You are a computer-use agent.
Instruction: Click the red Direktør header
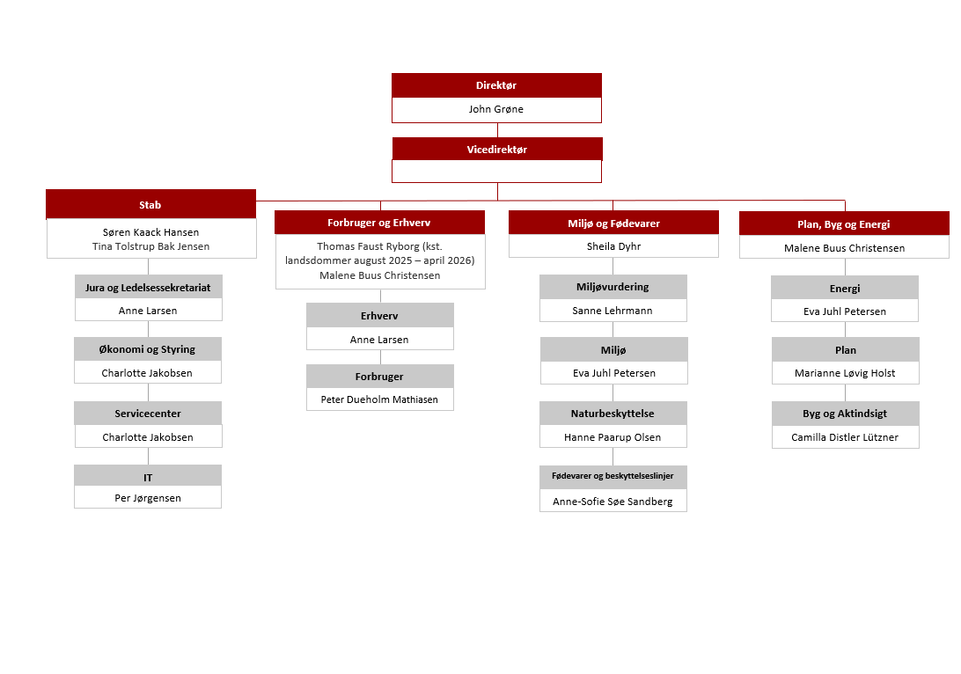[x=496, y=85]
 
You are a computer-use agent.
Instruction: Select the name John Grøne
[x=495, y=109]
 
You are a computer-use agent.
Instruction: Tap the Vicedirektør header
[x=497, y=149]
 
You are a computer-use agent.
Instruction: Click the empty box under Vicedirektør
[x=496, y=172]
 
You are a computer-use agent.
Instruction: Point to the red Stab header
[x=150, y=204]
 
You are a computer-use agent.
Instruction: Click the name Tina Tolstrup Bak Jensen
[x=150, y=246]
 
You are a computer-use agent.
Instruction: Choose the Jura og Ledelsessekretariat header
[x=149, y=287]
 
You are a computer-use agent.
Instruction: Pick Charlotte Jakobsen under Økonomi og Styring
[x=147, y=373]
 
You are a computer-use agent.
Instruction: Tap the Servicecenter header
[x=148, y=413]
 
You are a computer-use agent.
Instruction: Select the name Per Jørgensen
[x=148, y=498]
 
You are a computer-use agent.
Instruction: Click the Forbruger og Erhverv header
[x=379, y=223]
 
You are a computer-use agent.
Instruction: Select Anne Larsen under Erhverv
[x=379, y=340]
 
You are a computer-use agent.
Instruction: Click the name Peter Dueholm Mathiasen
[x=379, y=399]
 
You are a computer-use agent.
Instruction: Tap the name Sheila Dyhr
[x=613, y=246]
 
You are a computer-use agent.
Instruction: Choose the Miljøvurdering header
[x=613, y=287]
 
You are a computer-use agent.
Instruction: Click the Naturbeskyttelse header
[x=613, y=413]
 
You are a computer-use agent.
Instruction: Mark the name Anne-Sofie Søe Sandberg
[x=613, y=502]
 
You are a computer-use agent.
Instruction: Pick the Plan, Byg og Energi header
[x=844, y=223]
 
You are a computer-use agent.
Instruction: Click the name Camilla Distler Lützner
[x=845, y=437]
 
